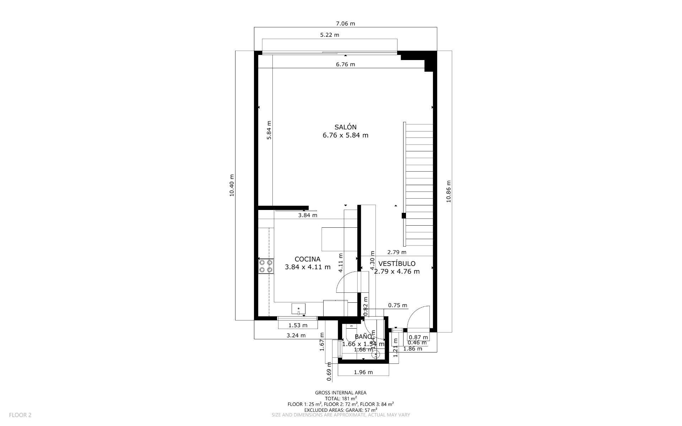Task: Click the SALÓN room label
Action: [x=345, y=127]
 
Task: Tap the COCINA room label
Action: [x=307, y=259]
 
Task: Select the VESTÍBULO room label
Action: [x=397, y=264]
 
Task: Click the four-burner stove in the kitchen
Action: [x=266, y=266]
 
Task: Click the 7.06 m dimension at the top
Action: [x=345, y=24]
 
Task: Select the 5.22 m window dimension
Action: [x=329, y=35]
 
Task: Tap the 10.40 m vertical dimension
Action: [x=232, y=185]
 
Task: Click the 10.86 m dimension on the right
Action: [x=449, y=191]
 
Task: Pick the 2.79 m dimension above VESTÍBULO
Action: [x=396, y=252]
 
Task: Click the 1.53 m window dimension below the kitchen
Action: [x=298, y=325]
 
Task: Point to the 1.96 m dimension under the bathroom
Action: [x=363, y=372]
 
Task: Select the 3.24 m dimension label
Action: [x=296, y=335]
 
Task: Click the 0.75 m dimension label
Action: [x=397, y=305]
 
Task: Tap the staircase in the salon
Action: [x=419, y=185]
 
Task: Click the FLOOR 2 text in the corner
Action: [x=20, y=415]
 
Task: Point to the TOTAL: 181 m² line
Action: [x=341, y=399]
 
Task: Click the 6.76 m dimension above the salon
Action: [x=345, y=64]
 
